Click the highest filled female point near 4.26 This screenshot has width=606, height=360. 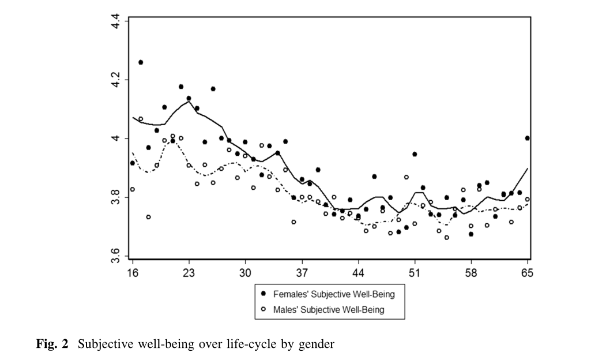tap(141, 62)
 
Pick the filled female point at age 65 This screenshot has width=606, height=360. tap(528, 138)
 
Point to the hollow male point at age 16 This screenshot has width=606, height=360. tap(133, 189)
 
